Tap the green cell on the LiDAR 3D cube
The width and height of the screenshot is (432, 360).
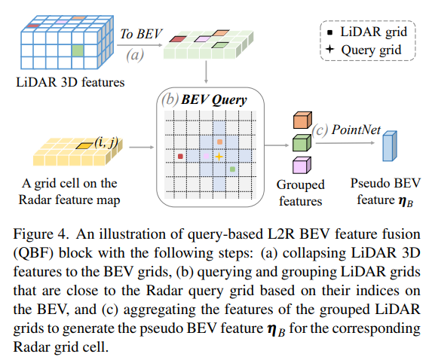point(77,51)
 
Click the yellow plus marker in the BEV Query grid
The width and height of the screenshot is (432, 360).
point(219,156)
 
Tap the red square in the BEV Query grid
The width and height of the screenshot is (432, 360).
point(180,156)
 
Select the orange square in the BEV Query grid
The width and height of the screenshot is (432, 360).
point(219,141)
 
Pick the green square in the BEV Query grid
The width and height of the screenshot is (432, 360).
point(232,169)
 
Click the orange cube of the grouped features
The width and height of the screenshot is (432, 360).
point(301,120)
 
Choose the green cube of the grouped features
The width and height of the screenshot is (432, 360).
point(301,142)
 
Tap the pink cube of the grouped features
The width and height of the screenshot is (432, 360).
point(301,165)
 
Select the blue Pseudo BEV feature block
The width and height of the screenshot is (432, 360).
point(388,148)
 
